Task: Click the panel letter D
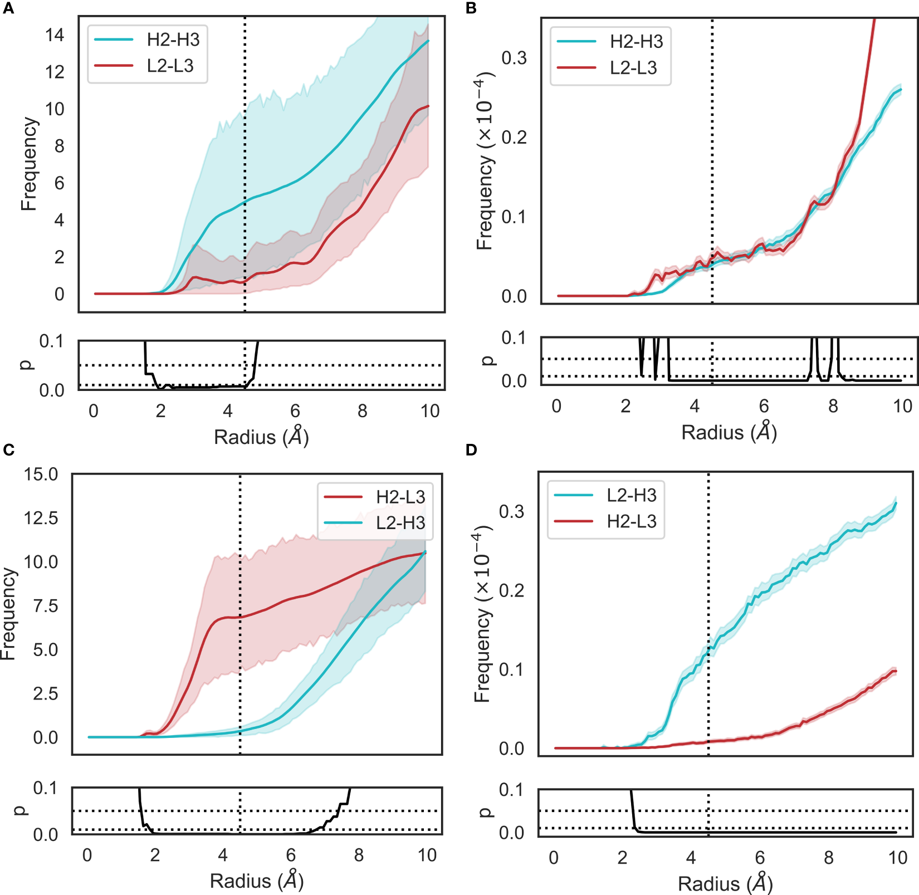coord(471,450)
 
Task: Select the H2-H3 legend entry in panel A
coord(173,40)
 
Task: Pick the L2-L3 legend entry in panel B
coord(633,68)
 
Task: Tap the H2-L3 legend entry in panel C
coord(400,497)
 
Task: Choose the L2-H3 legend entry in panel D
coord(632,495)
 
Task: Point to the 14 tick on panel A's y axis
coord(55,36)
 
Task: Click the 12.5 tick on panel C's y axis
coord(41,518)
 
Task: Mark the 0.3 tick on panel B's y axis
coord(514,58)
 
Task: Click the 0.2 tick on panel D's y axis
coord(511,590)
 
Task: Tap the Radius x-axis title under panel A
coord(261,437)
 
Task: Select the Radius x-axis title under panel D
coord(725,884)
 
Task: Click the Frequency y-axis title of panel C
coord(8,614)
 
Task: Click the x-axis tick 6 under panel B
coord(764,406)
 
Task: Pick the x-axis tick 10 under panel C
coord(427,855)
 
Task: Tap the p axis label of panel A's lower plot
coord(26,365)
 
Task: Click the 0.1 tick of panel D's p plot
coord(511,790)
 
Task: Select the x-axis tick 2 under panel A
coord(160,411)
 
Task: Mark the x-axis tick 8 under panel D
coord(829,858)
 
